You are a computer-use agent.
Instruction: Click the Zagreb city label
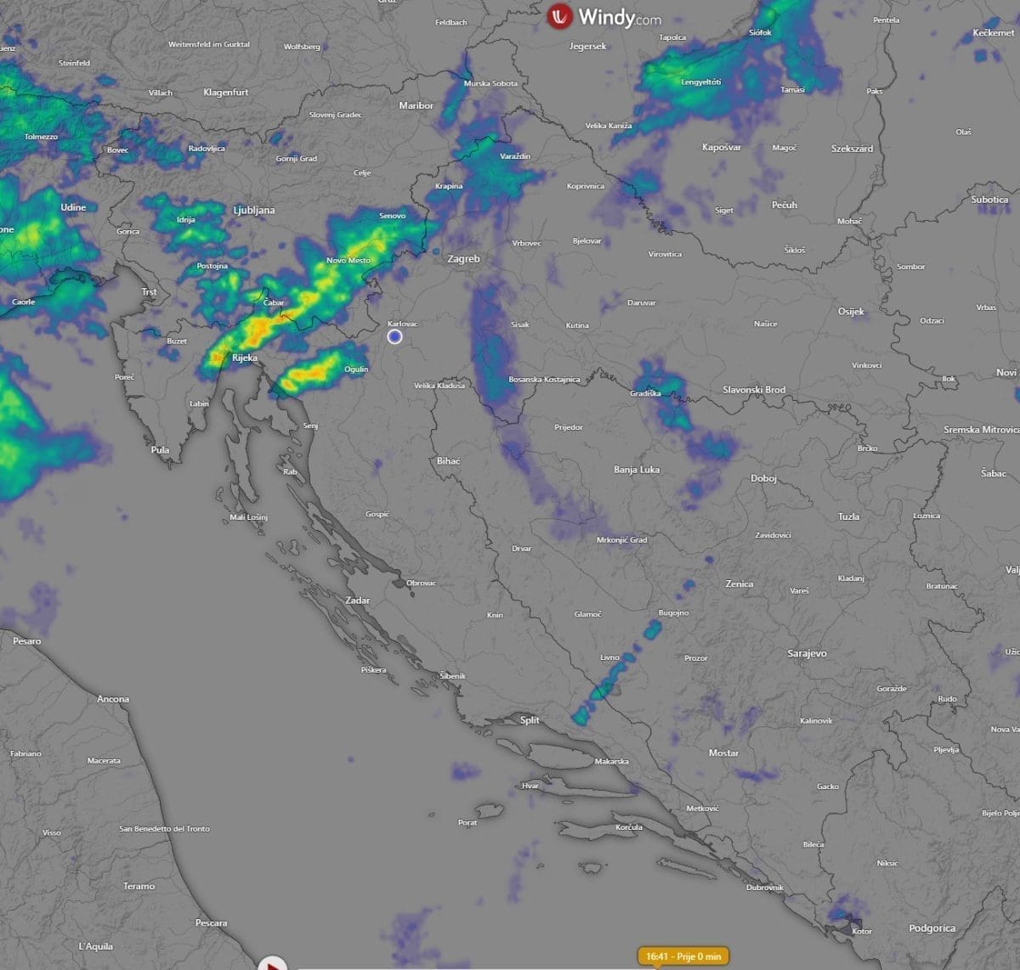click(x=463, y=259)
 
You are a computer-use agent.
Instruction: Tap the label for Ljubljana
click(x=254, y=210)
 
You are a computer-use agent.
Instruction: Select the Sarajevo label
click(x=807, y=653)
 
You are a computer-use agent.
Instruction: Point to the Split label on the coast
click(x=530, y=720)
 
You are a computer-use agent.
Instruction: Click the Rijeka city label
click(x=245, y=358)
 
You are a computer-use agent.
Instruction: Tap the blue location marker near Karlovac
click(x=394, y=336)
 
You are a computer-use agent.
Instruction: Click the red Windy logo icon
click(x=559, y=16)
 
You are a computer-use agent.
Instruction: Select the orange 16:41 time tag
click(x=683, y=956)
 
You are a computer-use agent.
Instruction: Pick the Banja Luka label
click(x=637, y=470)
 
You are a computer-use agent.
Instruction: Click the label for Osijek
click(x=851, y=312)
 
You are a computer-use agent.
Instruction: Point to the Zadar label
click(x=358, y=601)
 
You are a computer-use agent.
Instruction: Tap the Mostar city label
click(x=723, y=753)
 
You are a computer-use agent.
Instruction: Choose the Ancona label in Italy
click(x=113, y=699)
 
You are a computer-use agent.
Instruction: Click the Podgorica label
click(x=932, y=928)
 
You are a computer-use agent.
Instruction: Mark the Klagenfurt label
click(x=226, y=93)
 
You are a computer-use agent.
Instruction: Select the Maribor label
click(x=416, y=106)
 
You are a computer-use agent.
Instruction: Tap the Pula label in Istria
click(x=160, y=450)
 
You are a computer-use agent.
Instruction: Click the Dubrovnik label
click(x=764, y=888)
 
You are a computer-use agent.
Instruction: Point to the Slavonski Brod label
click(x=754, y=390)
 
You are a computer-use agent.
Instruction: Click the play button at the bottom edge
click(x=272, y=964)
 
